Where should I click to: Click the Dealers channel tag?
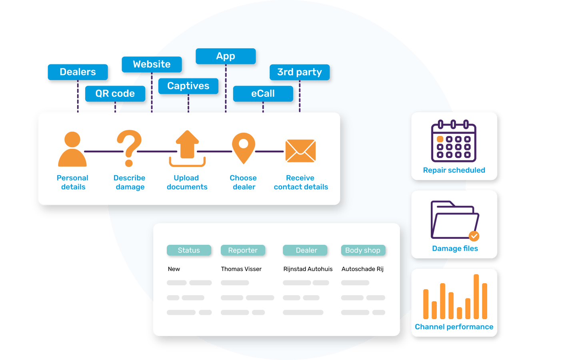point(78,72)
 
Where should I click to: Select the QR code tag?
point(115,94)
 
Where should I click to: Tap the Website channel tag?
point(152,64)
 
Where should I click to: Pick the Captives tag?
point(188,86)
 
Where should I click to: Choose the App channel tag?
point(226,56)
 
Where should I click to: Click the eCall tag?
point(263,94)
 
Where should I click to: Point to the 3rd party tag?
point(300,72)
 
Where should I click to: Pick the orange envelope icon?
point(301,151)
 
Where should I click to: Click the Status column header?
point(189,250)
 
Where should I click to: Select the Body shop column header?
point(363,250)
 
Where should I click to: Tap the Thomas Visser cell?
point(241,269)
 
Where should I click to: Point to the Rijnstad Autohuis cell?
point(308,269)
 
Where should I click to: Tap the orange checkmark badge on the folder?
point(474,236)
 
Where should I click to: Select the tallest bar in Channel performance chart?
point(476,296)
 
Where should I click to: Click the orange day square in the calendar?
point(440,139)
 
